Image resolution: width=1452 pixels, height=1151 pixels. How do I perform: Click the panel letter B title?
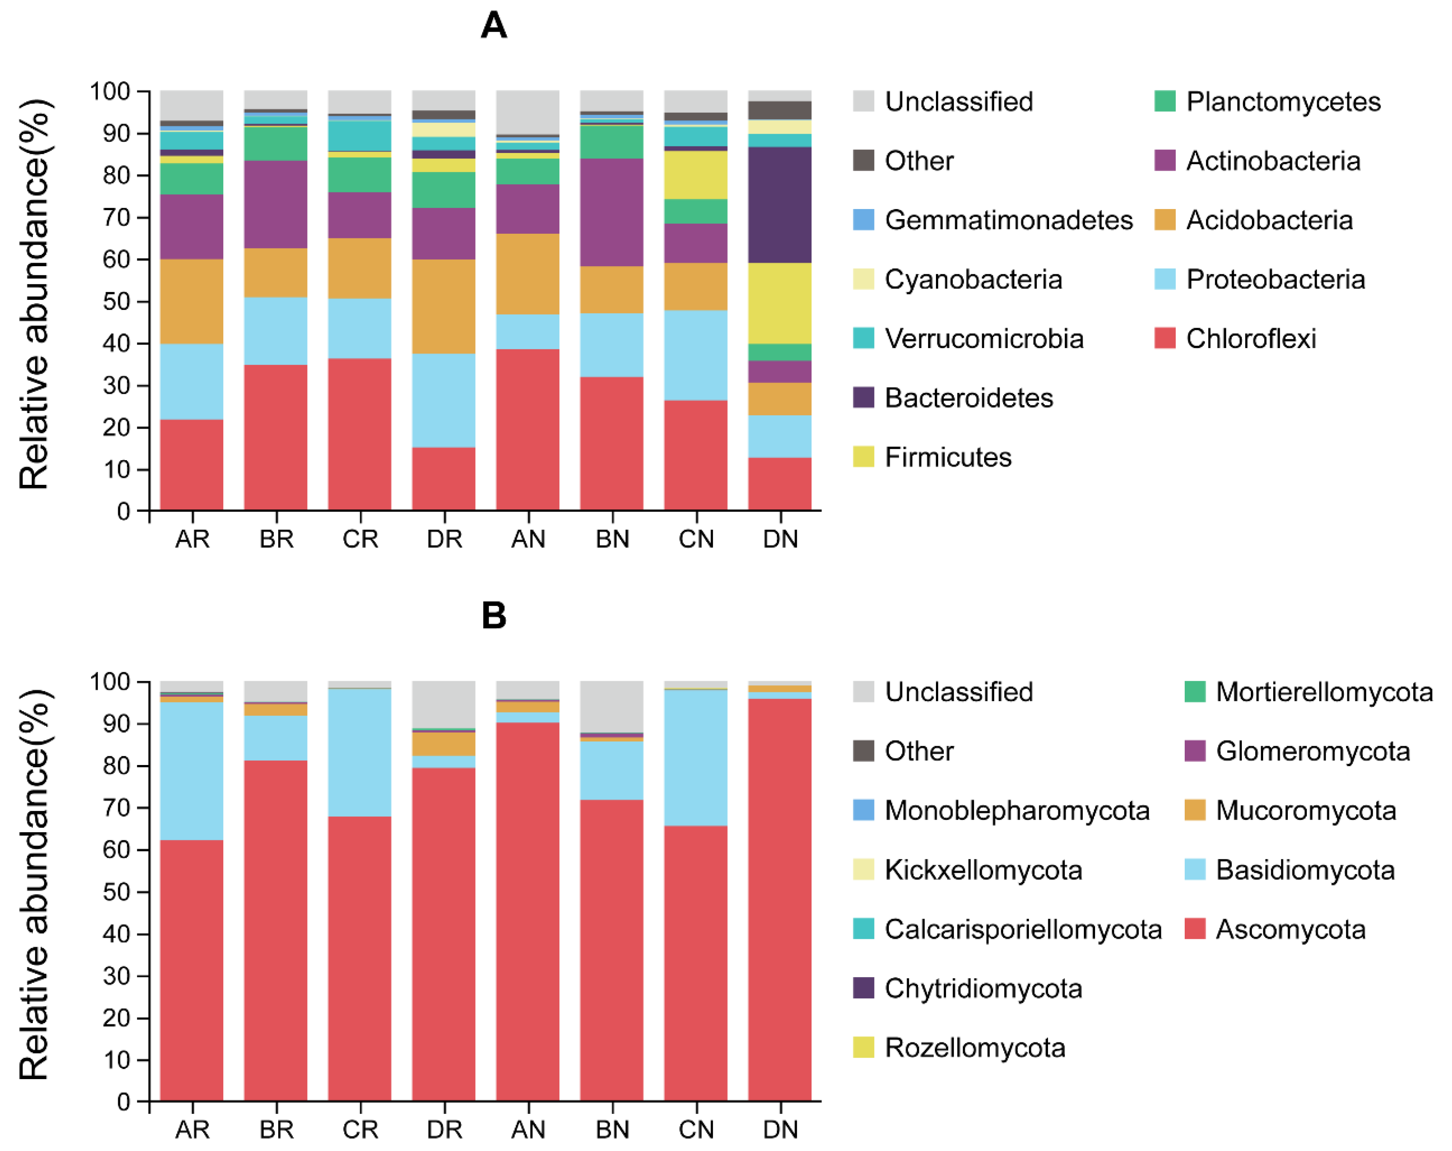[x=494, y=615]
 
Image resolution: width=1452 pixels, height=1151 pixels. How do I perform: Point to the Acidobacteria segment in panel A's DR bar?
[x=443, y=306]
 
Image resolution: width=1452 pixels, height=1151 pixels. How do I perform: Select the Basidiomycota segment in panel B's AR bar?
[x=191, y=771]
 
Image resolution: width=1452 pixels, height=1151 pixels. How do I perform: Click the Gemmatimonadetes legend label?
[x=1008, y=220]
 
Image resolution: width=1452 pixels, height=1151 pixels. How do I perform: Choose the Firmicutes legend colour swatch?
[x=863, y=457]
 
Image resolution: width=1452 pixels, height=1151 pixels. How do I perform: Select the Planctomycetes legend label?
[x=1283, y=102]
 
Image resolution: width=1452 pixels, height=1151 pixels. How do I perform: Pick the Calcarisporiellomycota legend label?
[x=1023, y=930]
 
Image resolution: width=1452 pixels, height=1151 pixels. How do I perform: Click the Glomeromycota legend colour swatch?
[x=1195, y=751]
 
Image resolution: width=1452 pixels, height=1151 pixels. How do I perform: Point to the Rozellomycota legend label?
[x=975, y=1048]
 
